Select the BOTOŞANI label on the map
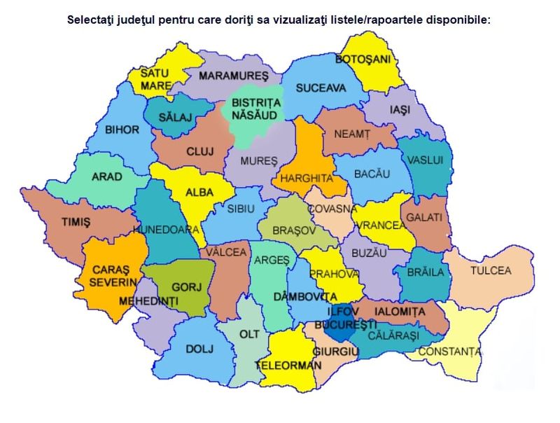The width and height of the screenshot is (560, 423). (363, 60)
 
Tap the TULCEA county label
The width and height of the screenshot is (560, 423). (490, 270)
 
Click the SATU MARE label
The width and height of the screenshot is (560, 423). (155, 78)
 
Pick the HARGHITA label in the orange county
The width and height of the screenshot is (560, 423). (306, 178)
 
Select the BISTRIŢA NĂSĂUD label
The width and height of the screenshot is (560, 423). (255, 109)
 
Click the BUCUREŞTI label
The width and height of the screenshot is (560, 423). (346, 326)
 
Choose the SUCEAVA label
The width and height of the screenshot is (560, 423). (321, 88)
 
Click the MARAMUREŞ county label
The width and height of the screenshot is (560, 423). (233, 75)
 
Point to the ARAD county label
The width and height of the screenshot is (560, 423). (106, 176)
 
